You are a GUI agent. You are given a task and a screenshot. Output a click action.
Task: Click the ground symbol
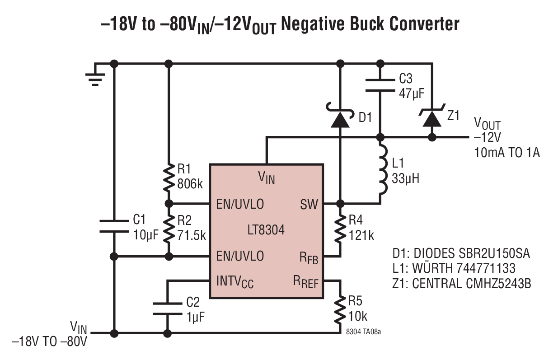95,79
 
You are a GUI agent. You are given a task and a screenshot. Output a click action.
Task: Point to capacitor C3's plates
380,85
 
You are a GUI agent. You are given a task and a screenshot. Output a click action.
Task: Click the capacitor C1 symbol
114,226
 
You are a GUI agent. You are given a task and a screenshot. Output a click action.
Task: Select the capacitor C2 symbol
167,309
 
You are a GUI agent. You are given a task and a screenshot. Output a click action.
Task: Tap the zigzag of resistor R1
169,178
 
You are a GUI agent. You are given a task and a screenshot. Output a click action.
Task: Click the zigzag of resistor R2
169,229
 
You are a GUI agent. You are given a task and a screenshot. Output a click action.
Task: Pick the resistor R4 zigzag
340,229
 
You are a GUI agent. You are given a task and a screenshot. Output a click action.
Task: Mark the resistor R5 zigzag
340,310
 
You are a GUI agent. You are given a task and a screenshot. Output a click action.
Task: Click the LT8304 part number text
266,230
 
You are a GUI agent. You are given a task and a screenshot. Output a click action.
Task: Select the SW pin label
309,205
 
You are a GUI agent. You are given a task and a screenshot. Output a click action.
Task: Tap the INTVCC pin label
234,281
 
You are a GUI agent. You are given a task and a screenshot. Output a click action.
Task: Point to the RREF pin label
305,281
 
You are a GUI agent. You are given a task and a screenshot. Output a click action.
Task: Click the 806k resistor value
190,184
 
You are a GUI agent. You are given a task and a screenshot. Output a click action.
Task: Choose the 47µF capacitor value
412,94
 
